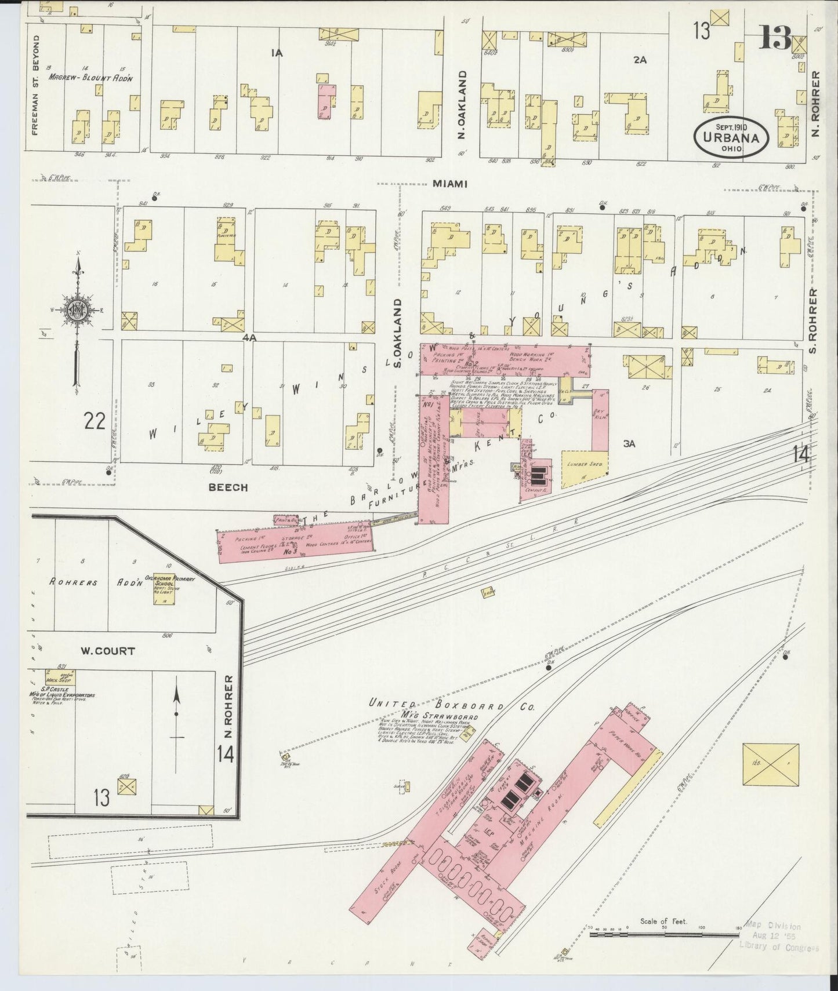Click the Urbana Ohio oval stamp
click(x=732, y=138)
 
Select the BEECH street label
click(x=228, y=487)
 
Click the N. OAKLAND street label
click(x=463, y=105)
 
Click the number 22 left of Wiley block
click(x=95, y=421)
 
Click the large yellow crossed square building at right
click(x=770, y=764)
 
